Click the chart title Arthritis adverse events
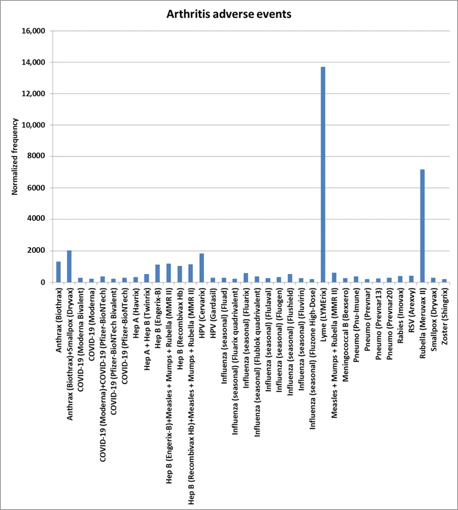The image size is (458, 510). point(229,14)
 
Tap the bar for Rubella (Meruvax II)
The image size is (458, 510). point(422,226)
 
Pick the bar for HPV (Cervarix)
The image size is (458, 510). point(202,268)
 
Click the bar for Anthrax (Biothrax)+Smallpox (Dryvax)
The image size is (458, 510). point(69,266)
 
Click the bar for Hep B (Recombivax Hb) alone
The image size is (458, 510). point(180,274)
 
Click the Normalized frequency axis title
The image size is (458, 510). point(15,156)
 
